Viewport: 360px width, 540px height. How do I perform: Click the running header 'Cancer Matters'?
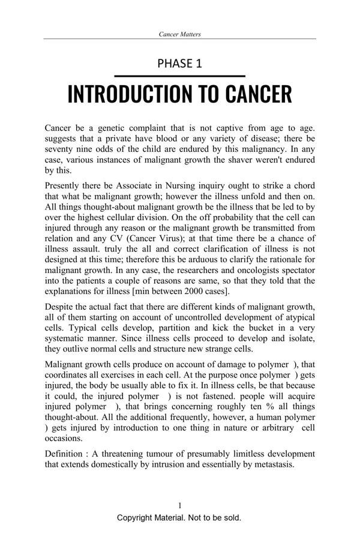pyautogui.click(x=179, y=34)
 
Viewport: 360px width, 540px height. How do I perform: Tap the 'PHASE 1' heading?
pyautogui.click(x=179, y=64)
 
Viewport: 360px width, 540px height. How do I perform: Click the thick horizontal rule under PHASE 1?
pyautogui.click(x=179, y=76)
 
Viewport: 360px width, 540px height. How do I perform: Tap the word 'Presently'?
pyautogui.click(x=65, y=186)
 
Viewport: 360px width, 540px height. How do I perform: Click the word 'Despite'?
pyautogui.click(x=60, y=308)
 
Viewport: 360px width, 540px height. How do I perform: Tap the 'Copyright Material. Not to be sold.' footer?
pyautogui.click(x=179, y=517)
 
